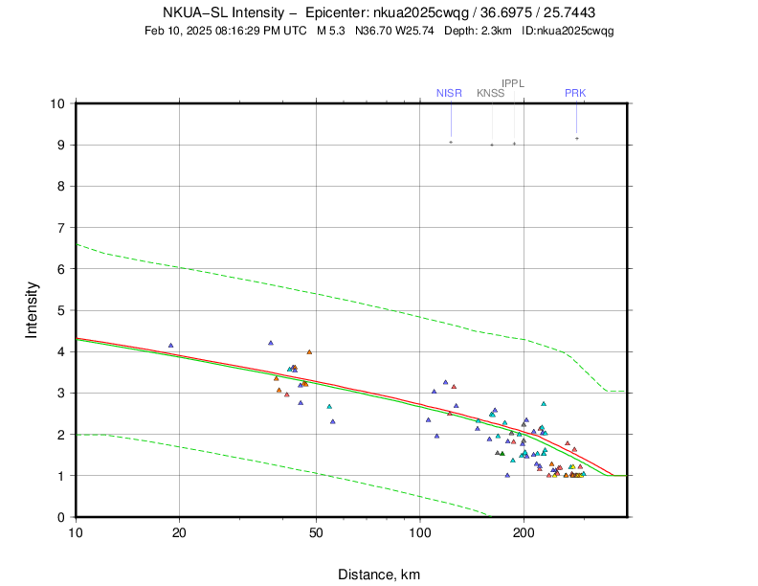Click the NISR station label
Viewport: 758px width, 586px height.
coord(449,93)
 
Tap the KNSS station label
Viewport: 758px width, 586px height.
coord(490,93)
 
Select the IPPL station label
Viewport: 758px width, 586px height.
coord(513,83)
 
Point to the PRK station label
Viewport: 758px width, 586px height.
coord(575,93)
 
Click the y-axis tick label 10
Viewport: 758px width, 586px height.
coord(57,103)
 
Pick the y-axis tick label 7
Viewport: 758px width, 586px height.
coord(60,228)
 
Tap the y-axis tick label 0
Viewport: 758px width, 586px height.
coord(60,517)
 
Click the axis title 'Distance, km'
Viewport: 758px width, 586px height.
coord(379,575)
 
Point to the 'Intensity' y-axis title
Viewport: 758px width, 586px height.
coord(32,309)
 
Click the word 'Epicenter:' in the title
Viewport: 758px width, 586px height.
coord(335,12)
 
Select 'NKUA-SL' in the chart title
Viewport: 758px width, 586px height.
coord(190,12)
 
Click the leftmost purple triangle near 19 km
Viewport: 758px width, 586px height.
coord(170,345)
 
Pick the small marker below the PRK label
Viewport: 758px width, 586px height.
coord(576,138)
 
